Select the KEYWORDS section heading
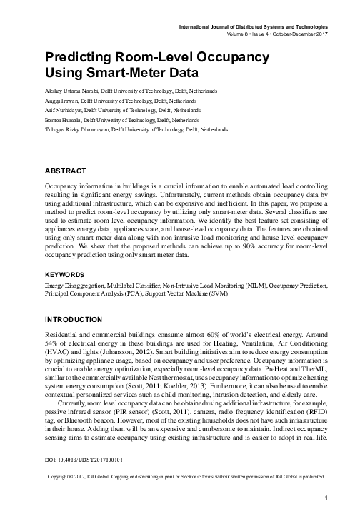(x=65, y=274)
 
